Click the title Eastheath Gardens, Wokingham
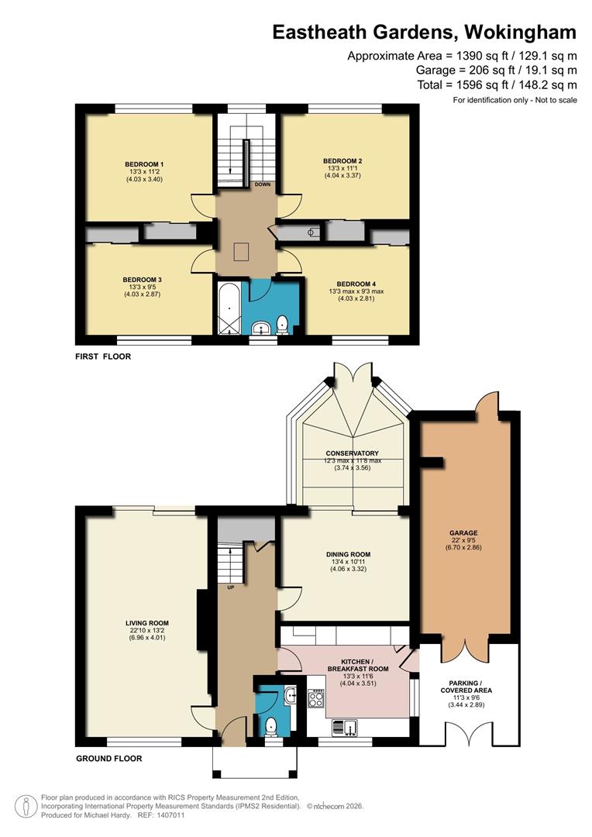coord(424,32)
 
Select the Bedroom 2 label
coord(342,160)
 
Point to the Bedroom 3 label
coord(142,279)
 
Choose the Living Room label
coord(147,622)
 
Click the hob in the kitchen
coord(316,697)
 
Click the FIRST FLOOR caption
coord(103,356)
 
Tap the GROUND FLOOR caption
coord(108,759)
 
